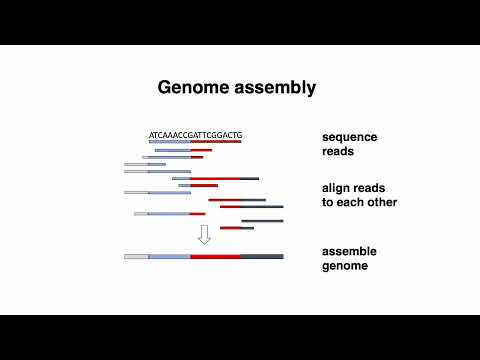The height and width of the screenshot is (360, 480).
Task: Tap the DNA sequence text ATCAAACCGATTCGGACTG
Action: pos(195,134)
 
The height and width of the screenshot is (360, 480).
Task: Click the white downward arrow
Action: pos(204,235)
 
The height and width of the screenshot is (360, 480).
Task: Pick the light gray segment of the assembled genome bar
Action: pos(136,257)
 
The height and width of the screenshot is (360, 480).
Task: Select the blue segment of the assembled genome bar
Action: pos(169,257)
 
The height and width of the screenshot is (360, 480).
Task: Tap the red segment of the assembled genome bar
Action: pos(215,257)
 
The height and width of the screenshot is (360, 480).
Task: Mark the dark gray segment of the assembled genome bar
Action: pos(261,257)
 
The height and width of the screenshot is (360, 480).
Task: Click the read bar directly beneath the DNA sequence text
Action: pos(195,142)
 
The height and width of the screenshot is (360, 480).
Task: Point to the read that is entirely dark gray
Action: pos(262,221)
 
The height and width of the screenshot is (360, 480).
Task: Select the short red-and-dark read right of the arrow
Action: pos(236,228)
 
